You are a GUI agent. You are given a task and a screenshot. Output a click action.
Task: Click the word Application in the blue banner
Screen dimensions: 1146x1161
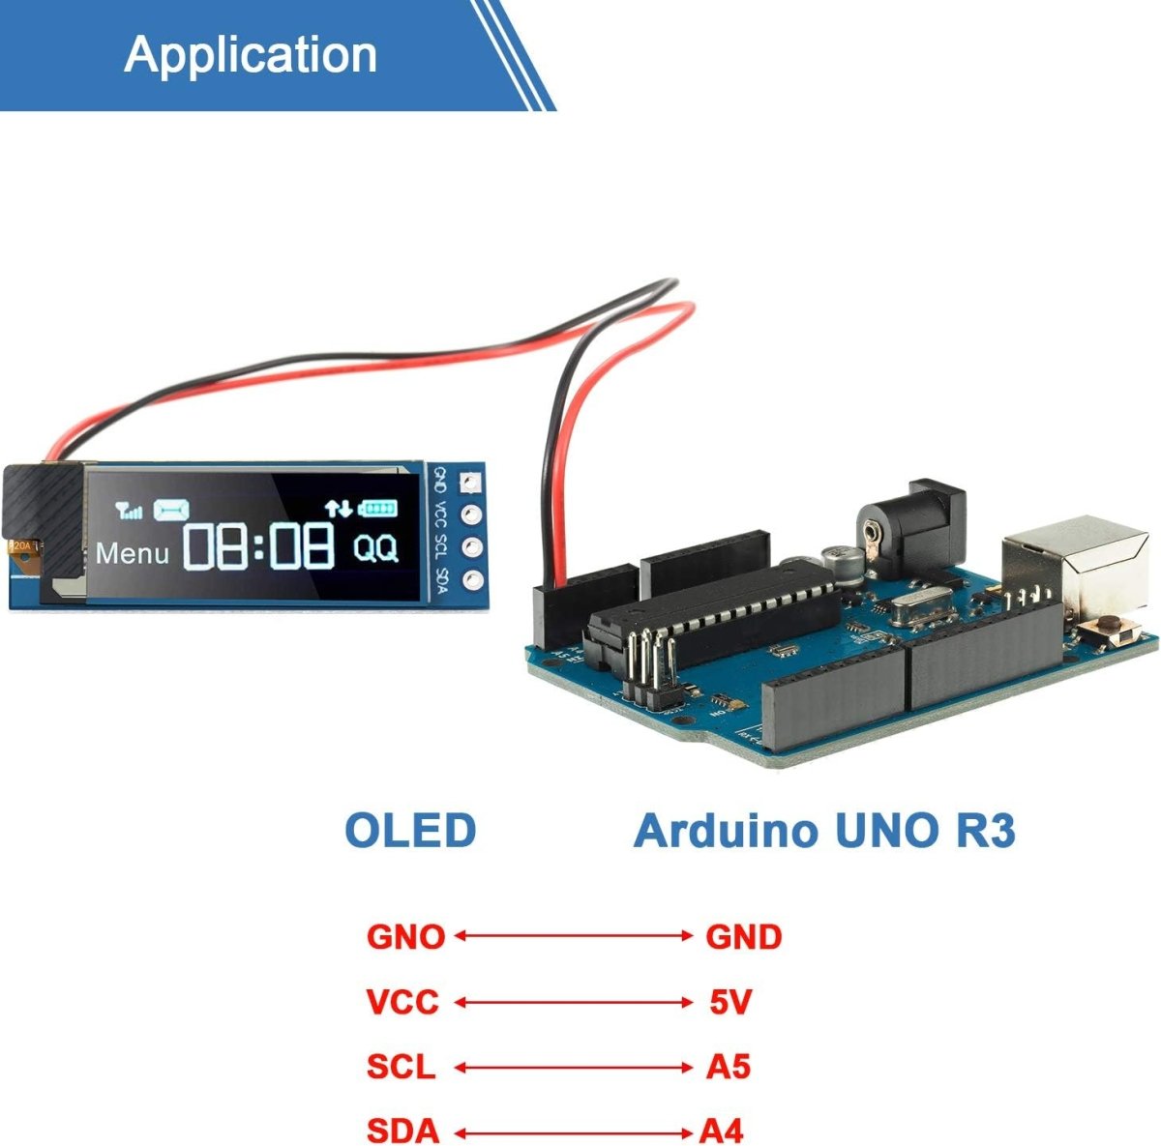click(x=251, y=54)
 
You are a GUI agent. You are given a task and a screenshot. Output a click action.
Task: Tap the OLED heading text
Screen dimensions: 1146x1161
click(x=410, y=831)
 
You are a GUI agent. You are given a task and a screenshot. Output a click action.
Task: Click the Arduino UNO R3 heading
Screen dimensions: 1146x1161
click(x=824, y=831)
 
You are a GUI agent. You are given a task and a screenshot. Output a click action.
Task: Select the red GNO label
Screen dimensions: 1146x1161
click(x=405, y=936)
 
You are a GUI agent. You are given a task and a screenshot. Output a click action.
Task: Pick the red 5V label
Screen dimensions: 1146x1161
click(x=730, y=1002)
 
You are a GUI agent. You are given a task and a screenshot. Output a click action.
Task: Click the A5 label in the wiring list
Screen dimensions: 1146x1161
click(x=729, y=1067)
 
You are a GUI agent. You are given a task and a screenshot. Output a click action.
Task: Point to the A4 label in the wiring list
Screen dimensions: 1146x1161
click(x=722, y=1131)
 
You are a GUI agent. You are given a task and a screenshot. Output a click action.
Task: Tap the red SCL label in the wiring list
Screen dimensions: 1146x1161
click(x=401, y=1067)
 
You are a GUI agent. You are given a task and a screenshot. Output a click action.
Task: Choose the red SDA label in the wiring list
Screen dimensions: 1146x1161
click(x=402, y=1131)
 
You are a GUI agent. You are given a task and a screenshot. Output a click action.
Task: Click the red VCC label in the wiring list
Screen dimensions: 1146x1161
click(x=402, y=1002)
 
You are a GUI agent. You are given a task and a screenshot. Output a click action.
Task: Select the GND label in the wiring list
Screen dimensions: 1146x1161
click(x=743, y=936)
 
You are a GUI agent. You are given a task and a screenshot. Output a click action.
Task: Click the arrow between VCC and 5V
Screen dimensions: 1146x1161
click(x=574, y=1003)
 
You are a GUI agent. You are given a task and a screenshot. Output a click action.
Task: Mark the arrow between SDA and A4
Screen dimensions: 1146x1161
click(x=574, y=1131)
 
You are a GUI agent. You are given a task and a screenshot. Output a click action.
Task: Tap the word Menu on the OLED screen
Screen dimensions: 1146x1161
click(x=133, y=554)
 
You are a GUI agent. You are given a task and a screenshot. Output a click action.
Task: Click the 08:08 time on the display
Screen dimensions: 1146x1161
click(x=259, y=546)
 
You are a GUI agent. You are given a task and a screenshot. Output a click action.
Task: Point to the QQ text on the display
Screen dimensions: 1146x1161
click(x=375, y=548)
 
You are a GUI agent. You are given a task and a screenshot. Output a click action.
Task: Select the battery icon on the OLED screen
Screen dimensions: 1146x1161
click(x=378, y=507)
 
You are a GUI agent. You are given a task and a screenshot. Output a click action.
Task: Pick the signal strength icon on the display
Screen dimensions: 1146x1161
click(x=129, y=510)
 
